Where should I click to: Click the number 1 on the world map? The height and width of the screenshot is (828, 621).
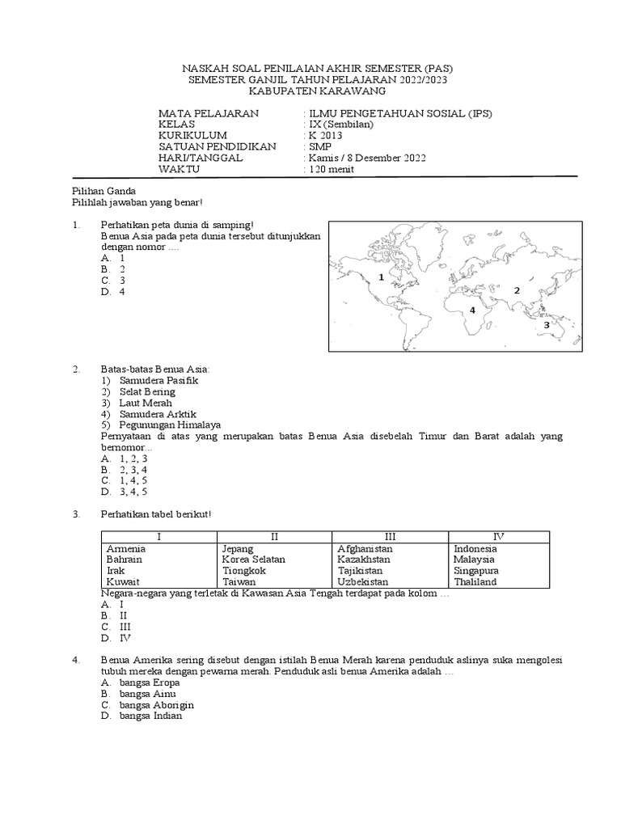pos(380,277)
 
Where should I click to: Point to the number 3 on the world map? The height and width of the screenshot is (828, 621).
pos(547,324)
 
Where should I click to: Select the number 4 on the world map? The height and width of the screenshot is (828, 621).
pos(471,310)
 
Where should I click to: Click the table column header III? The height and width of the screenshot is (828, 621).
pos(390,536)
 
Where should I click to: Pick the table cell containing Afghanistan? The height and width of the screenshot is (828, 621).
pos(365,548)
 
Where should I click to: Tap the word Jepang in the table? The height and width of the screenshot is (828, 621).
pos(238,548)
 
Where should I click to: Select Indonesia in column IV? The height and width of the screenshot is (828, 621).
pos(475,548)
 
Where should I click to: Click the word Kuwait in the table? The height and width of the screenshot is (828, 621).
pos(123,581)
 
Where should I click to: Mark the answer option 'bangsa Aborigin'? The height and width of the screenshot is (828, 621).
pos(155,704)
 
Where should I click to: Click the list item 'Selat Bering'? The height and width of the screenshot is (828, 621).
pos(146,391)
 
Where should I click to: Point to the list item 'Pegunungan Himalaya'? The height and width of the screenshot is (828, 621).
pos(170,425)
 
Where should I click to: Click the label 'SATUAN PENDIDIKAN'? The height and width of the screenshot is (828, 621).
pos(217,146)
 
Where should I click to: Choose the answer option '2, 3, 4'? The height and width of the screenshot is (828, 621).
pos(133,469)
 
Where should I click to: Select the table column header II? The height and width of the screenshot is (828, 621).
pos(274,536)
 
